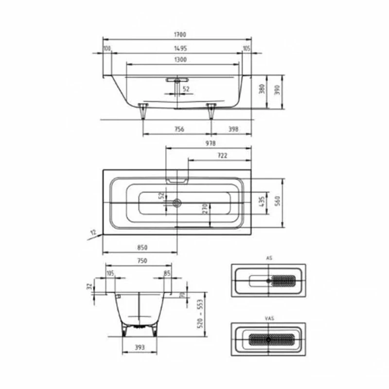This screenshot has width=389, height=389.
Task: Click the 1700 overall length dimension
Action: (x=178, y=35)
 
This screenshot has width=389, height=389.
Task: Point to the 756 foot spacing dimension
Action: (x=178, y=129)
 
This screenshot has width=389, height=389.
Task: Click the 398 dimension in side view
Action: (x=232, y=129)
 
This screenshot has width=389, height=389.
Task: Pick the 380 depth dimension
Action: (x=262, y=89)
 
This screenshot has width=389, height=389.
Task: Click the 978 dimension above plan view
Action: (x=210, y=143)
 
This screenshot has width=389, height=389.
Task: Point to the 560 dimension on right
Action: (x=277, y=201)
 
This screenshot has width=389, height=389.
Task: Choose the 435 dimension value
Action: (x=262, y=201)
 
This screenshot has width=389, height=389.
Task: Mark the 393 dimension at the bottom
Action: (x=141, y=348)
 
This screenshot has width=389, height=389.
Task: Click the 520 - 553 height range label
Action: (x=200, y=314)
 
